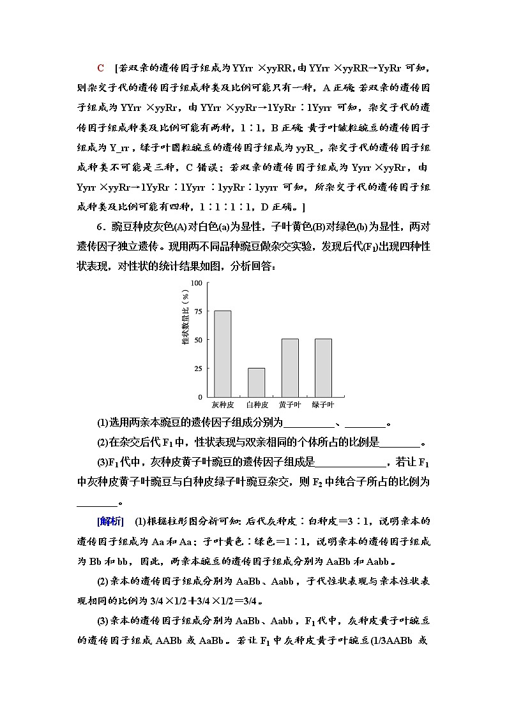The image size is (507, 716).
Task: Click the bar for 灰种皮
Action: [x=222, y=354]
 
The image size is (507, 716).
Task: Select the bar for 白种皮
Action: [x=256, y=383]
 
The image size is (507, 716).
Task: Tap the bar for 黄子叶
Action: [x=290, y=368]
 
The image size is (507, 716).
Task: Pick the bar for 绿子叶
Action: [x=323, y=368]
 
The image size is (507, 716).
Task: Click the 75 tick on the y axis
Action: [x=198, y=312]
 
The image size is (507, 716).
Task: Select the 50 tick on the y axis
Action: [x=198, y=340]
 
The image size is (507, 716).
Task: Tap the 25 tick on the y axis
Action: [x=198, y=369]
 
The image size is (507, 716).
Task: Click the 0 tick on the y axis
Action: [x=200, y=397]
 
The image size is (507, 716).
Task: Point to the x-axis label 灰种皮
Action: [x=222, y=405]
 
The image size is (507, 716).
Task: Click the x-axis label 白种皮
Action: [x=256, y=405]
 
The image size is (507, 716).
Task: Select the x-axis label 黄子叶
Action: [x=290, y=405]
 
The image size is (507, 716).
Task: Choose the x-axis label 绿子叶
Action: [x=323, y=405]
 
